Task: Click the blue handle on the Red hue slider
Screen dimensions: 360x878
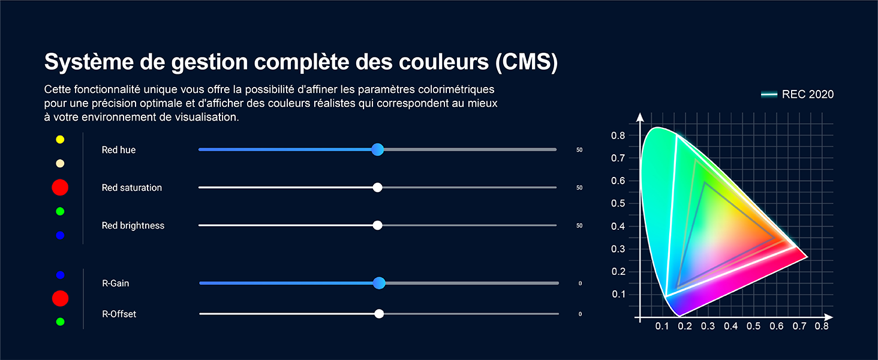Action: pyautogui.click(x=377, y=149)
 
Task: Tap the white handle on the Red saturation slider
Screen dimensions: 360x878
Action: pyautogui.click(x=377, y=187)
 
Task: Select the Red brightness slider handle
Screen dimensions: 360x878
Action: pyautogui.click(x=377, y=225)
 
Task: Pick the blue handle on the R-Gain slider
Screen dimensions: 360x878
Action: pyautogui.click(x=379, y=283)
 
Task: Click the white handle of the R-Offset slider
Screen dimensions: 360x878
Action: pyautogui.click(x=379, y=314)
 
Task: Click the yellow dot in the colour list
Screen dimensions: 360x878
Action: pyautogui.click(x=60, y=140)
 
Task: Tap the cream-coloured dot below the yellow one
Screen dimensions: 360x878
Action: pyautogui.click(x=60, y=164)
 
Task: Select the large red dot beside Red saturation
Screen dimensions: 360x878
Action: pyautogui.click(x=60, y=187)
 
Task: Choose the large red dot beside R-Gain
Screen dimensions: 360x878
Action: pyautogui.click(x=60, y=298)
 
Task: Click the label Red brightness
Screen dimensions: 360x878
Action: pyautogui.click(x=133, y=226)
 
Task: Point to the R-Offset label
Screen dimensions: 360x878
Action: pyautogui.click(x=119, y=314)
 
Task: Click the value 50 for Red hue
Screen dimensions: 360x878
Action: pyautogui.click(x=579, y=150)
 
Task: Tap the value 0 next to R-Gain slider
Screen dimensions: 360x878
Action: pyautogui.click(x=580, y=283)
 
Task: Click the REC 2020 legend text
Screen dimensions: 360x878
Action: pyautogui.click(x=808, y=94)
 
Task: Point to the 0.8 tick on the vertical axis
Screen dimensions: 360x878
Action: pyautogui.click(x=618, y=136)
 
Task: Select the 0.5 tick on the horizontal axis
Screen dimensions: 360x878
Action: pyautogui.click(x=753, y=326)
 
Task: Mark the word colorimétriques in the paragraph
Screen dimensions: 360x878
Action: pyautogui.click(x=449, y=89)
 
